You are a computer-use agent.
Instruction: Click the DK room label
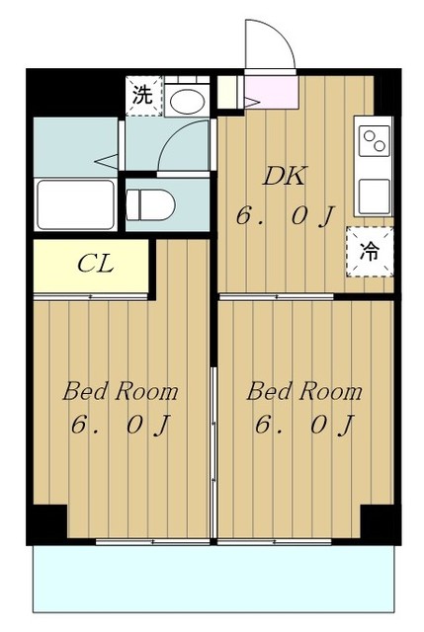(285, 176)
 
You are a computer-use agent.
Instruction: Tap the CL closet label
(95, 264)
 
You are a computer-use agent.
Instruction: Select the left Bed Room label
(121, 391)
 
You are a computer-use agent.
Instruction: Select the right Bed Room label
(304, 391)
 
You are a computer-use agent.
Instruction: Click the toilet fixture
(150, 205)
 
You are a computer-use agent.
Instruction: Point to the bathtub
(75, 204)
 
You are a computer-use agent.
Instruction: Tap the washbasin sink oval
(187, 101)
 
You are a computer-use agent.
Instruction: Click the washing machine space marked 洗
(143, 96)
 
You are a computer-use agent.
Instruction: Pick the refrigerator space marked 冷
(370, 252)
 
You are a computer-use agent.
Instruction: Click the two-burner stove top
(375, 141)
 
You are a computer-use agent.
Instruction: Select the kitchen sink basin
(375, 197)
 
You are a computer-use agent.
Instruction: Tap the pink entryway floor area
(271, 92)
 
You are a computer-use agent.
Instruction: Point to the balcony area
(213, 579)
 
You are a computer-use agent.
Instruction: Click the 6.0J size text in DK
(286, 217)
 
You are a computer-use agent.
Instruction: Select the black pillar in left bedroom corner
(49, 521)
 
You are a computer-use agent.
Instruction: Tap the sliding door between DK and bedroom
(277, 297)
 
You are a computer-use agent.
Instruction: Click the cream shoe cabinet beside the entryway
(228, 92)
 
